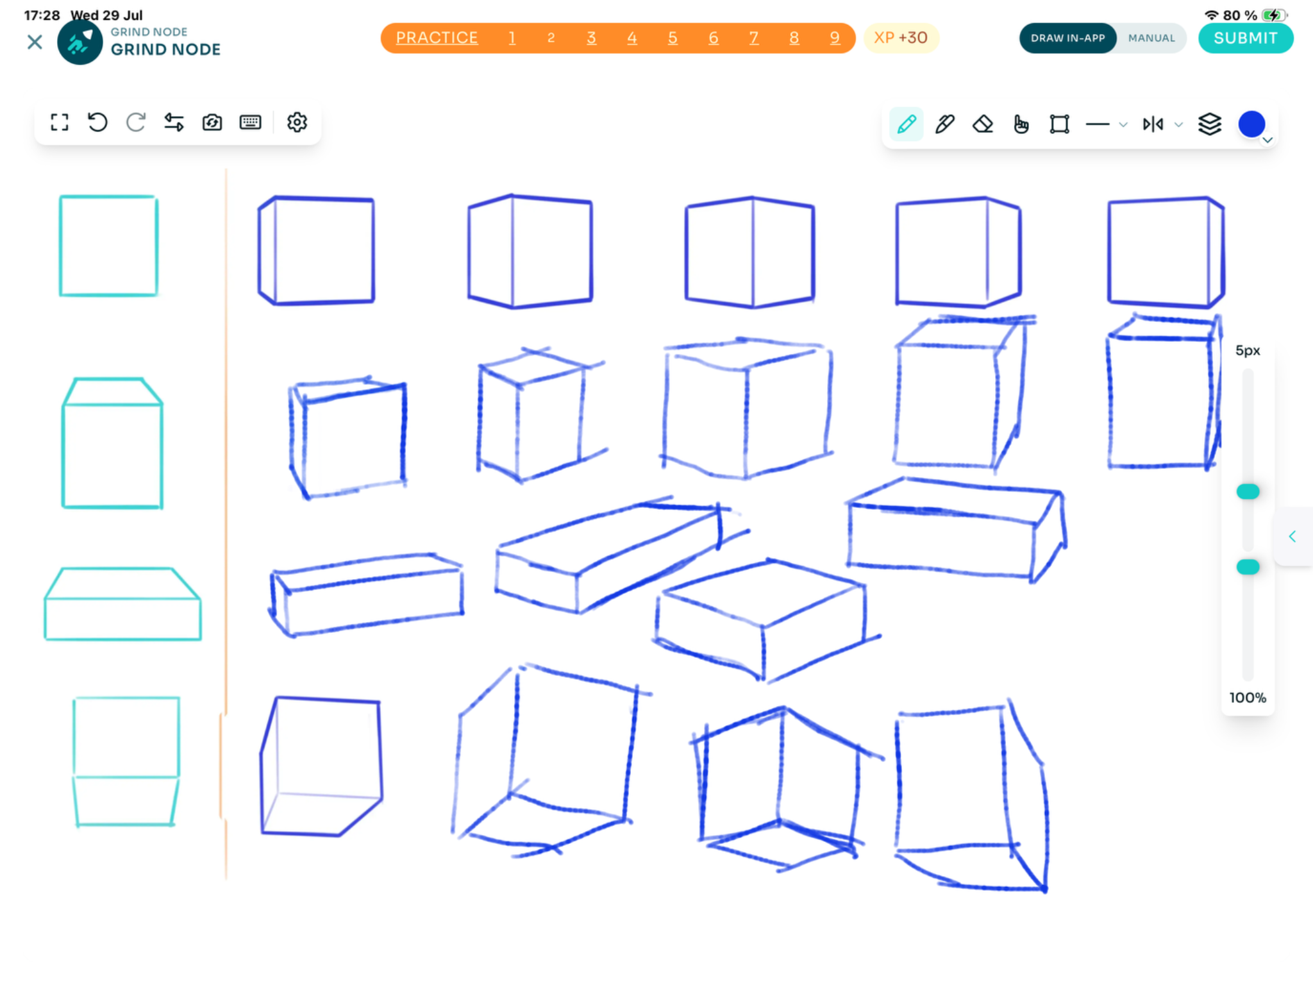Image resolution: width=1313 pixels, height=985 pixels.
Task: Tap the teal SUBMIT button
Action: coord(1245,38)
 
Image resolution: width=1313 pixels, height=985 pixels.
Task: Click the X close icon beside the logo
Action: coord(35,42)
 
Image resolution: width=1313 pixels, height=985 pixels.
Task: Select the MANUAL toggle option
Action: coord(1151,38)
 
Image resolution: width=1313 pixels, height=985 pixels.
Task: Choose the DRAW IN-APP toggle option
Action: coord(1067,38)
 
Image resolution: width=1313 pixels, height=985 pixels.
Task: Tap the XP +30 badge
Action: coord(901,38)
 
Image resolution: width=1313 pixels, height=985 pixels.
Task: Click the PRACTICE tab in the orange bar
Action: coord(437,38)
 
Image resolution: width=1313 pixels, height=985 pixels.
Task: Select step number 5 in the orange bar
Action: coord(673,38)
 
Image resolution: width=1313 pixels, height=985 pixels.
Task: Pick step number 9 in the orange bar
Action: coord(835,38)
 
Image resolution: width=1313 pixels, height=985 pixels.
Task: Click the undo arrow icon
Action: coord(97,122)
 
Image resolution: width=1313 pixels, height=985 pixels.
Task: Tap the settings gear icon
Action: coord(297,122)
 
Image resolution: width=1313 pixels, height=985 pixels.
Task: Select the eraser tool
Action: coord(983,124)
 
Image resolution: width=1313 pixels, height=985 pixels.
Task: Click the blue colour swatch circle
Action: coord(1251,124)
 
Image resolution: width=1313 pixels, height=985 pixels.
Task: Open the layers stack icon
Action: coord(1209,124)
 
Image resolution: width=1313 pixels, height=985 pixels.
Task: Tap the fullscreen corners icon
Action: coord(60,122)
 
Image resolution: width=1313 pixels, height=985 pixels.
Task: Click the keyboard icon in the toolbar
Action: coord(250,122)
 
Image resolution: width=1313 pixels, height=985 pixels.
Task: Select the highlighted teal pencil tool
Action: coord(907,124)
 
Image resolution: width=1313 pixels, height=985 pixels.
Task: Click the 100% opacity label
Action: coord(1248,698)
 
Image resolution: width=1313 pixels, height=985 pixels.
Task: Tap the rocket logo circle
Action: coord(80,42)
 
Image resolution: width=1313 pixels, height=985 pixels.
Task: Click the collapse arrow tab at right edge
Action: coord(1292,536)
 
